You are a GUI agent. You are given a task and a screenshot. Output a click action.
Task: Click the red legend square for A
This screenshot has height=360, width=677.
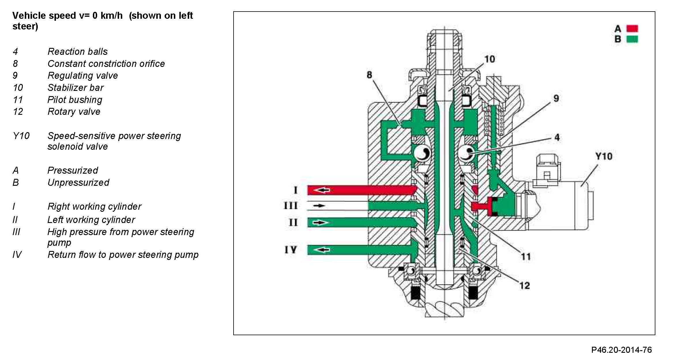pyautogui.click(x=632, y=29)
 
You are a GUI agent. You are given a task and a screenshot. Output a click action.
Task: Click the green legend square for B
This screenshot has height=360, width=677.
pyautogui.click(x=632, y=39)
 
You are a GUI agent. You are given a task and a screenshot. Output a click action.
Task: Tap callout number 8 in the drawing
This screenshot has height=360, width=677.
pyautogui.click(x=369, y=75)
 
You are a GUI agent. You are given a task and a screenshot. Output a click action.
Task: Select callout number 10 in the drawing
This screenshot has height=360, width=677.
pyautogui.click(x=490, y=59)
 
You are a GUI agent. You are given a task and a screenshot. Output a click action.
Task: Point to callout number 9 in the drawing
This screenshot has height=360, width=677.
pyautogui.click(x=556, y=98)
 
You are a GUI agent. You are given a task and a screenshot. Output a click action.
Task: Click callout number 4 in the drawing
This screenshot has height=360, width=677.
pyautogui.click(x=557, y=137)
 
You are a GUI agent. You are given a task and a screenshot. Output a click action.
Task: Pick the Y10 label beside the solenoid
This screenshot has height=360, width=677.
pyautogui.click(x=604, y=156)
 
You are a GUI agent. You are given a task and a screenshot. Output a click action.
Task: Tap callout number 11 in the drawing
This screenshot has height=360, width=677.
pyautogui.click(x=526, y=256)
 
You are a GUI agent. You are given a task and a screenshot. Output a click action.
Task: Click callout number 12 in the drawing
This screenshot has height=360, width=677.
pyautogui.click(x=525, y=286)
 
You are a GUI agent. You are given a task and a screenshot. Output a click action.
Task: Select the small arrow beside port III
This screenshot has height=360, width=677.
pyautogui.click(x=319, y=206)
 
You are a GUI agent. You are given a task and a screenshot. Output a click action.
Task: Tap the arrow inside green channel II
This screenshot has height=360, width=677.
pyautogui.click(x=320, y=222)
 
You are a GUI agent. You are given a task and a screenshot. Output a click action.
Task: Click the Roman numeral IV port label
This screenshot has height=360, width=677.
pyautogui.click(x=291, y=250)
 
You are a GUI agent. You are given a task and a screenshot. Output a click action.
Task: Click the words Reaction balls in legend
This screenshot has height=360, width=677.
pyautogui.click(x=78, y=52)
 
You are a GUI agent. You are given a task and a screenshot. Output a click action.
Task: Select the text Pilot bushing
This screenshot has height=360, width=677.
pyautogui.click(x=75, y=100)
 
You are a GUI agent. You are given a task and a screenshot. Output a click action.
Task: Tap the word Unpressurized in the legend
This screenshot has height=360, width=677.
pyautogui.click(x=78, y=183)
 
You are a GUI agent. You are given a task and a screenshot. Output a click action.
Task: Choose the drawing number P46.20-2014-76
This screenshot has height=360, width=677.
pyautogui.click(x=621, y=350)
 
